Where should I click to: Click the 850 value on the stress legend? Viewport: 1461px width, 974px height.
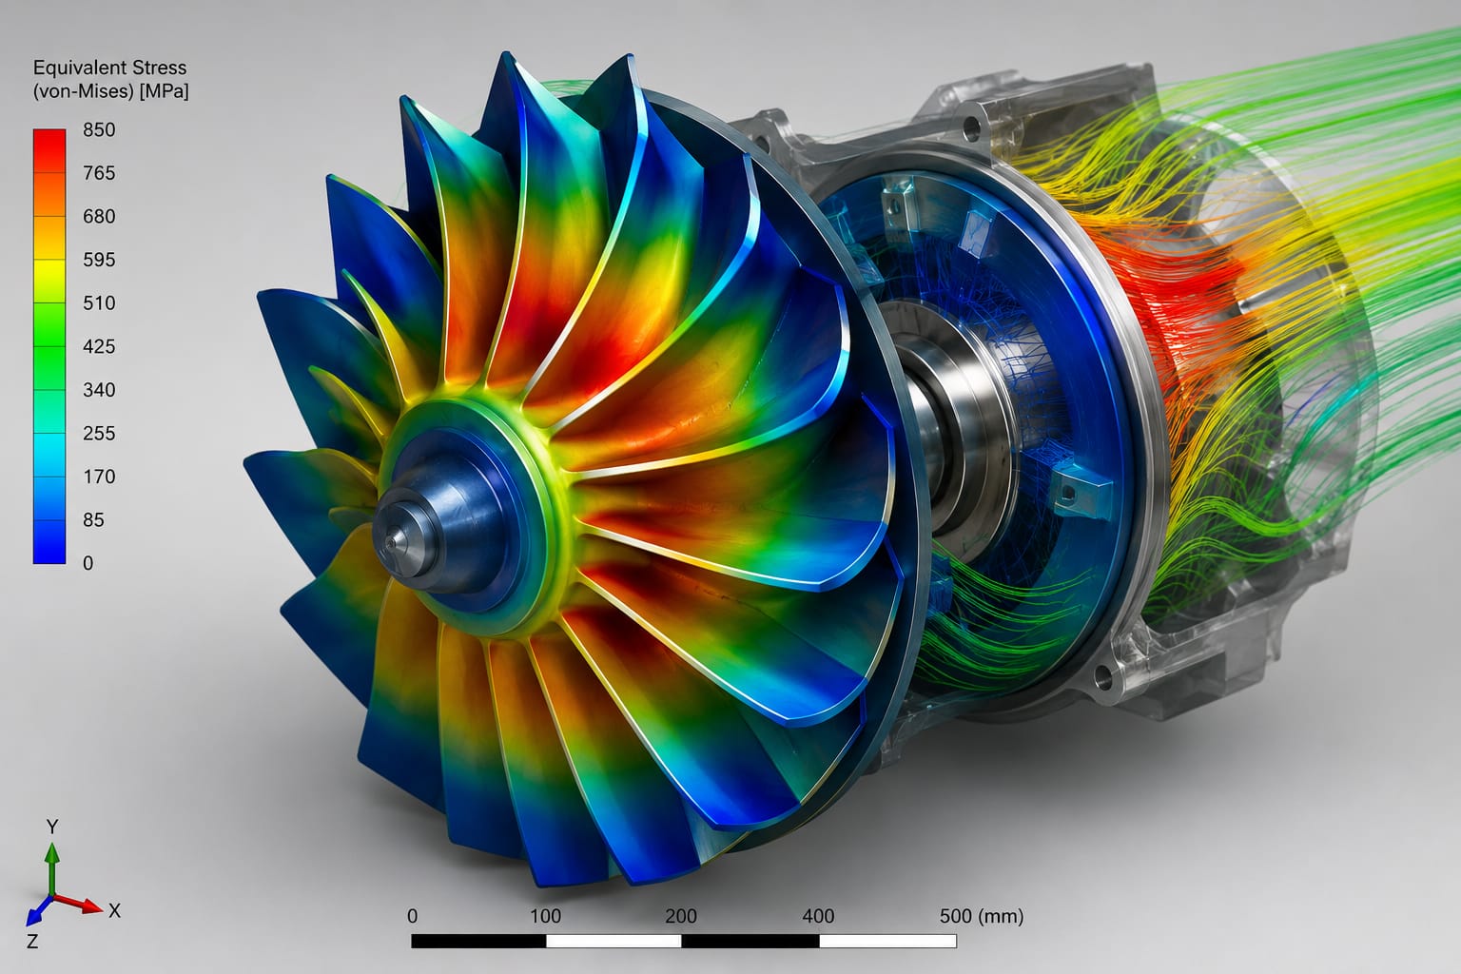99,129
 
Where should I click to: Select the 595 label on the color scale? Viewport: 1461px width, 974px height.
99,260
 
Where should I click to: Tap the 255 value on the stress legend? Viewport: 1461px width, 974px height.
99,433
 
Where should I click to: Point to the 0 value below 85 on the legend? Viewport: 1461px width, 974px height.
88,563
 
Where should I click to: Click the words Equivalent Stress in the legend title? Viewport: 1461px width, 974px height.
109,68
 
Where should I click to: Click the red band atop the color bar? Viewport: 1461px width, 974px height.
49,150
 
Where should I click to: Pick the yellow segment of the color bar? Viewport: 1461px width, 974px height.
49,282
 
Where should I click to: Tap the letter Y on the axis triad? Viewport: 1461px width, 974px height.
53,828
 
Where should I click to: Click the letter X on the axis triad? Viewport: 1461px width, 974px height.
115,910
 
